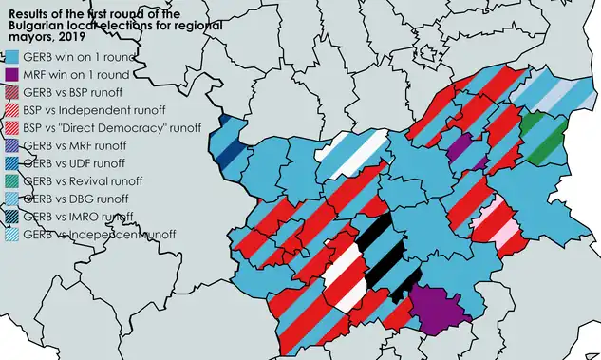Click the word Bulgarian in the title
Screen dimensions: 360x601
click(x=36, y=26)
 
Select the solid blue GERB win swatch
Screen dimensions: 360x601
click(x=11, y=58)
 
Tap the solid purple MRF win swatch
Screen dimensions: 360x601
click(x=11, y=75)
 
